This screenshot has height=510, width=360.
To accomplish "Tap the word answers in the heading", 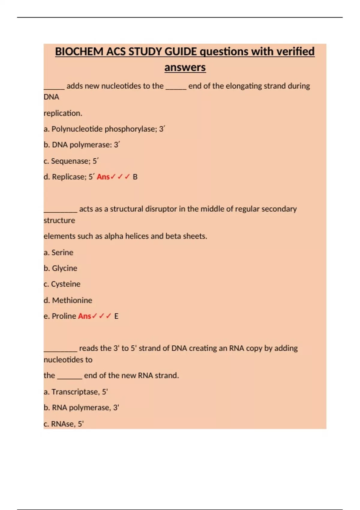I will (x=185, y=67).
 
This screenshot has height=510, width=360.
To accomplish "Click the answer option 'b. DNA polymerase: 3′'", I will (x=82, y=145).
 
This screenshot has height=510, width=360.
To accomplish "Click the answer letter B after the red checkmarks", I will (x=135, y=177).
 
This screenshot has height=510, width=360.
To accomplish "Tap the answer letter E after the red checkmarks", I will (x=116, y=316).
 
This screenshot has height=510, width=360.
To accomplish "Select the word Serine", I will (x=62, y=253).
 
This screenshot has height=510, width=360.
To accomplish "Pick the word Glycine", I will (x=64, y=268).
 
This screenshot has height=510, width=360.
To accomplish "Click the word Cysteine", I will (x=66, y=284).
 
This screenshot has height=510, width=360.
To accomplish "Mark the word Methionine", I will (x=72, y=300).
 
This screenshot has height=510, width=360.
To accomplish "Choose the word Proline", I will (x=64, y=316).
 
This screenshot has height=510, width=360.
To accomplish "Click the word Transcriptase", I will (x=75, y=392).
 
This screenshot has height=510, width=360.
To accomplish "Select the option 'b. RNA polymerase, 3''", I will (x=81, y=408).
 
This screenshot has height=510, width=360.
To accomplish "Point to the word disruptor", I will (x=161, y=209).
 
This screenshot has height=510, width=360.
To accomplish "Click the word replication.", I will (x=63, y=113).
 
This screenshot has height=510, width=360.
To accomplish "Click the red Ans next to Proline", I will (x=84, y=316).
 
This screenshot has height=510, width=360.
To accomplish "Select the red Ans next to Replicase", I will (x=103, y=177).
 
